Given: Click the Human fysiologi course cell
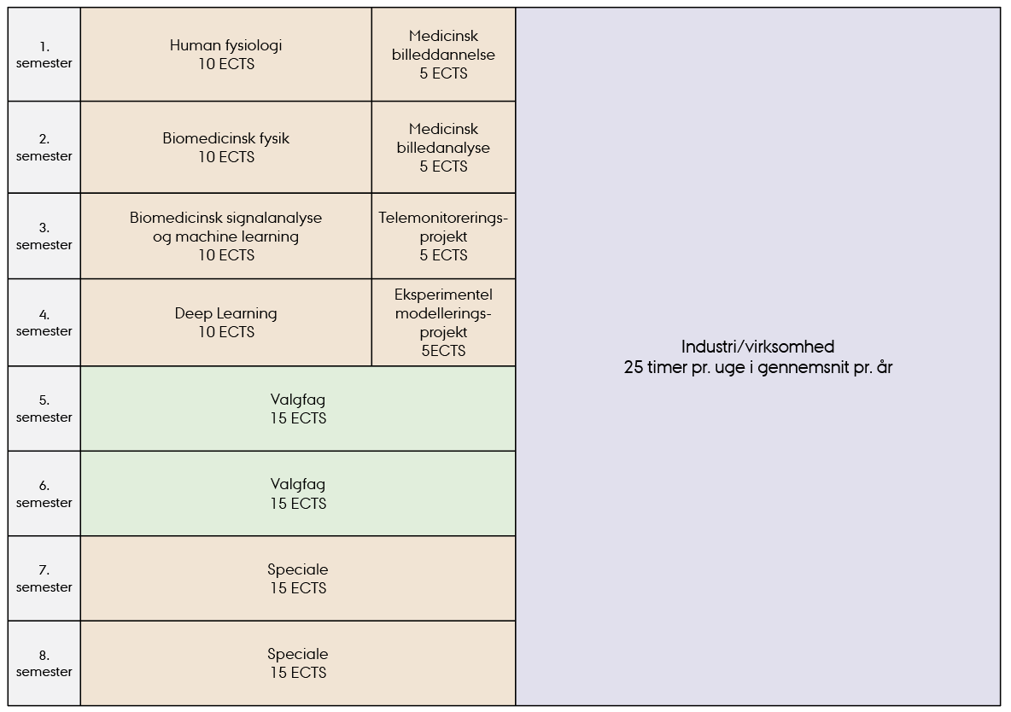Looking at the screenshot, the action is (x=225, y=54).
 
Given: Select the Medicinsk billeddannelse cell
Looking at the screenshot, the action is (x=444, y=54).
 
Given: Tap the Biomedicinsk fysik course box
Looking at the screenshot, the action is (x=225, y=147).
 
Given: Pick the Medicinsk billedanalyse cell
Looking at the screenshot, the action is (x=444, y=147).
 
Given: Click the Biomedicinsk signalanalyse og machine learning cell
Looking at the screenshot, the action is (x=225, y=236).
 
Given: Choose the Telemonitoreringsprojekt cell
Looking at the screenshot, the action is (x=444, y=236).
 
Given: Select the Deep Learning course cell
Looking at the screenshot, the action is (x=225, y=323).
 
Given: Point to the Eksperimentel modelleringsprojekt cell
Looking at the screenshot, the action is (x=444, y=323).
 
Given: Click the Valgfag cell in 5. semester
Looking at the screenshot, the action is (x=298, y=409).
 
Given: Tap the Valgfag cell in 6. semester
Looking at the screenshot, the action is (x=298, y=493).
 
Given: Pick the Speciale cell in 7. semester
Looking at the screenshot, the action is (x=298, y=579).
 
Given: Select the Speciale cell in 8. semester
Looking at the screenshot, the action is (x=298, y=663).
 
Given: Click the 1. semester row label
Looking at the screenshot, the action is (x=44, y=55).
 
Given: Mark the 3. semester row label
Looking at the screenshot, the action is (x=44, y=236).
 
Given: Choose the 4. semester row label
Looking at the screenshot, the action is (x=44, y=323).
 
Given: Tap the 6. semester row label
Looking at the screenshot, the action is (x=44, y=494).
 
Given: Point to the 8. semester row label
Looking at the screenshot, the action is (x=44, y=663).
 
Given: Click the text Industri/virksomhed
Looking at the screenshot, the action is (x=757, y=347).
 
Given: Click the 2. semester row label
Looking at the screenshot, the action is (x=44, y=147).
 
